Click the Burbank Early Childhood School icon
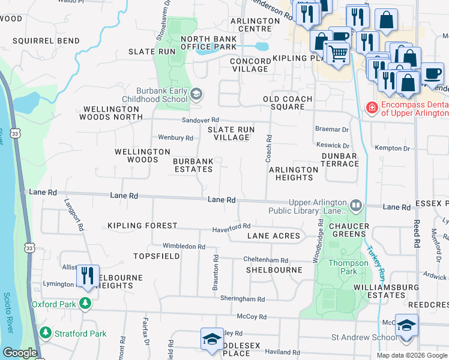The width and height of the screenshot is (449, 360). click(x=196, y=94)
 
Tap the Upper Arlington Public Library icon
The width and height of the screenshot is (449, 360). click(x=356, y=206)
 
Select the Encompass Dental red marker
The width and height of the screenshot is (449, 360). click(x=372, y=108)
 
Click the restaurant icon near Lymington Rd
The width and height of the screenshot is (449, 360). click(x=88, y=276)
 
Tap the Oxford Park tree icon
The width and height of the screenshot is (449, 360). click(x=86, y=304)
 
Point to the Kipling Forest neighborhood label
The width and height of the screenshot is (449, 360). click(x=142, y=226)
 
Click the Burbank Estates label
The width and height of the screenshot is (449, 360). click(x=193, y=166)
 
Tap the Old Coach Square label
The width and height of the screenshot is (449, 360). click(x=288, y=103)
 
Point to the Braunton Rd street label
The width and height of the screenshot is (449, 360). click(x=215, y=273)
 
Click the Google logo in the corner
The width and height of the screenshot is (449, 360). click(x=19, y=353)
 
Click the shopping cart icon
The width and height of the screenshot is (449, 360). click(x=337, y=53)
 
